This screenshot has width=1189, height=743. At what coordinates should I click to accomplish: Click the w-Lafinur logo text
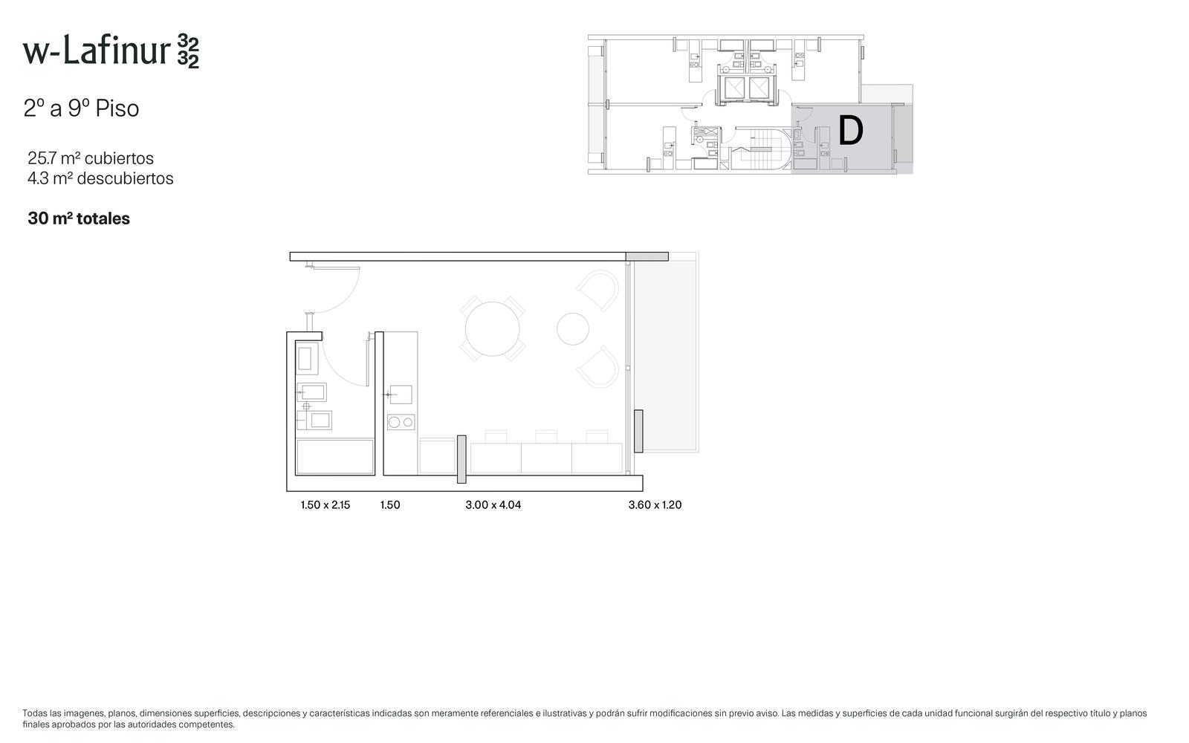pyautogui.click(x=111, y=51)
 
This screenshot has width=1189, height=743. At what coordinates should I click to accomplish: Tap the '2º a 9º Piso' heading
pyautogui.click(x=81, y=108)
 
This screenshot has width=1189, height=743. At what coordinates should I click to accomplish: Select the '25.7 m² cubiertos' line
pyautogui.click(x=91, y=158)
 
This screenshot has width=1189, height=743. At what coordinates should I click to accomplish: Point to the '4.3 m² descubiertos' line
pyautogui.click(x=100, y=178)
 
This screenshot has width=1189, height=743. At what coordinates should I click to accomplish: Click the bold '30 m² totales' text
pyautogui.click(x=79, y=218)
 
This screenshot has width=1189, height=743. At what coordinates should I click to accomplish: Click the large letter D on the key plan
pyautogui.click(x=850, y=131)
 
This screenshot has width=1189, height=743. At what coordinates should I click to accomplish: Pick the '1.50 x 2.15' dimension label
pyautogui.click(x=325, y=504)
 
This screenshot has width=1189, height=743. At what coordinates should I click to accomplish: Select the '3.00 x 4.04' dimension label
pyautogui.click(x=493, y=504)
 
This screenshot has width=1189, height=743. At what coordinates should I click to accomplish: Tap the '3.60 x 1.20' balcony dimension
pyautogui.click(x=655, y=504)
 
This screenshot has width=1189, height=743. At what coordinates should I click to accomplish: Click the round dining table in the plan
pyautogui.click(x=493, y=329)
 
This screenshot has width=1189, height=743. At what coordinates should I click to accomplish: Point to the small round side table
pyautogui.click(x=573, y=329)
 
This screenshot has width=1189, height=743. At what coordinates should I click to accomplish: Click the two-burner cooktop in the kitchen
pyautogui.click(x=401, y=423)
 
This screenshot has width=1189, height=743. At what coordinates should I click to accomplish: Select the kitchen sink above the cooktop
pyautogui.click(x=401, y=395)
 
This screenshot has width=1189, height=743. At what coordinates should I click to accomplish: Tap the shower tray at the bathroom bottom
pyautogui.click(x=335, y=456)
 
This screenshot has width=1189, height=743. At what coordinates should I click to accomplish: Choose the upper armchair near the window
pyautogui.click(x=599, y=290)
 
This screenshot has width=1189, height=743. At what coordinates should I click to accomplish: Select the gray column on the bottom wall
pyautogui.click(x=461, y=460)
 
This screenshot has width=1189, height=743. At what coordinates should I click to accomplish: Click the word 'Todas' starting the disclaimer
pyautogui.click(x=34, y=713)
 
